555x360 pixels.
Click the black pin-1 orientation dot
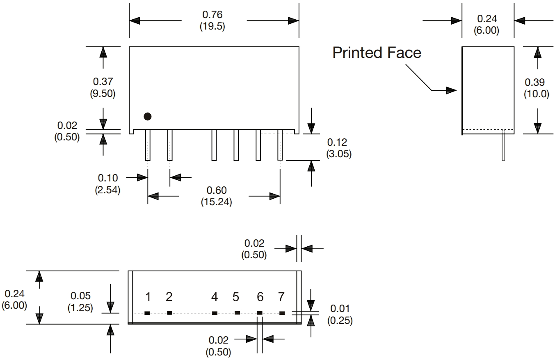point(148,117)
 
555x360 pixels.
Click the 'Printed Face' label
point(377,53)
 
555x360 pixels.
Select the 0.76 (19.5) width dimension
point(212,20)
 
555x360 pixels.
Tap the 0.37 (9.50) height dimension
point(103,87)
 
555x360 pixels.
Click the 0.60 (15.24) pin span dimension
point(216,196)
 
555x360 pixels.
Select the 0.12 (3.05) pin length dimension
point(339,148)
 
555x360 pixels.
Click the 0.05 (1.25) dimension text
point(80,302)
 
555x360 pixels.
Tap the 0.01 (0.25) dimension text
point(340,314)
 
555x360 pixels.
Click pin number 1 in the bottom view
point(148,296)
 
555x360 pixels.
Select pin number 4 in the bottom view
point(215,296)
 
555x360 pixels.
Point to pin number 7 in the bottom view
point(281,296)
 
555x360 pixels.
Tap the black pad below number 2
point(170,313)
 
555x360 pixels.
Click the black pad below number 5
point(237,313)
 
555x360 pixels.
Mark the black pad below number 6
point(260,313)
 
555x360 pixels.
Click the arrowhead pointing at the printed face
point(451,90)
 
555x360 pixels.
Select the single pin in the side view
point(504,145)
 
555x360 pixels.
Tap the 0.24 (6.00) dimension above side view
point(487,25)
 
